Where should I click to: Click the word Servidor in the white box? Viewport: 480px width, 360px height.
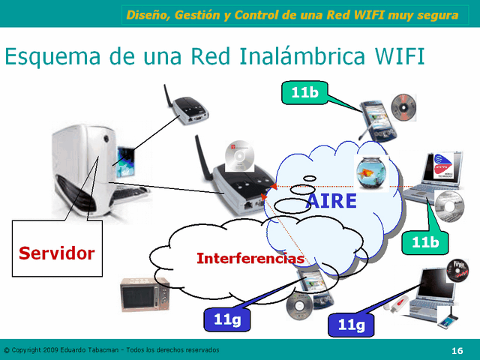tap(57, 253)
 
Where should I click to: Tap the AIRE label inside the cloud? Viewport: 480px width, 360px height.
tap(331, 201)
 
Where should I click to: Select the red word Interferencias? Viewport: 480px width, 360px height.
tap(250, 259)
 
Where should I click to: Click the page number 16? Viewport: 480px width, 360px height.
tap(457, 350)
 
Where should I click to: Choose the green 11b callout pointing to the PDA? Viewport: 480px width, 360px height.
tap(304, 93)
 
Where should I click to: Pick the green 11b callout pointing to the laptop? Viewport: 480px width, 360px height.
tap(424, 243)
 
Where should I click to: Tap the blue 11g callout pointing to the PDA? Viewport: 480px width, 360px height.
tap(226, 319)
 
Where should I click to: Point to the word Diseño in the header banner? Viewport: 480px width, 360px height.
tap(147, 15)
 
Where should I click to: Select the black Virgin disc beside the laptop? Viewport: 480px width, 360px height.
tap(457, 269)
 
